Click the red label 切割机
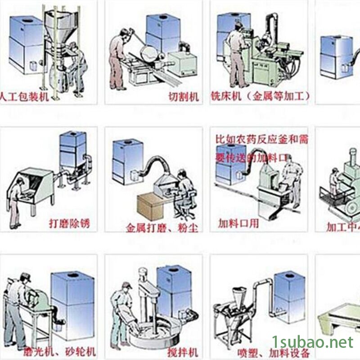point(183,96)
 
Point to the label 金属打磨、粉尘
point(162,227)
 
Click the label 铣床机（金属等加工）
point(260,96)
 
